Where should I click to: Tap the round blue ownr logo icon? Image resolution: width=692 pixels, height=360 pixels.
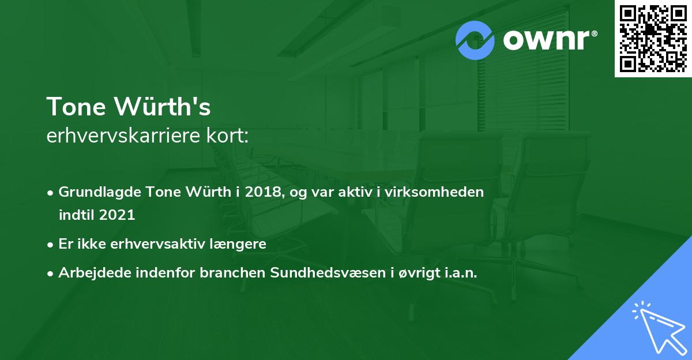point(475,40)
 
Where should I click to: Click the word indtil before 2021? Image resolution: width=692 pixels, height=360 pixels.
point(76,215)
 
